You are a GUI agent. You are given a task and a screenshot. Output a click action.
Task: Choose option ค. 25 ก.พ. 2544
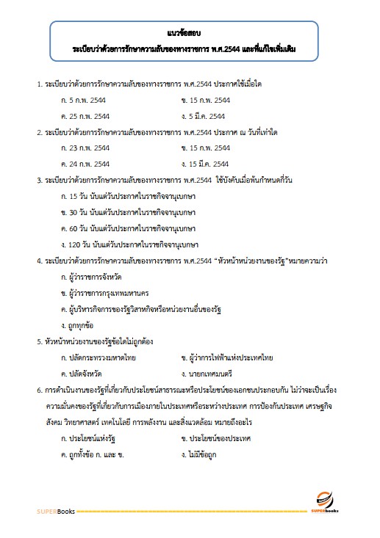[x=87, y=115]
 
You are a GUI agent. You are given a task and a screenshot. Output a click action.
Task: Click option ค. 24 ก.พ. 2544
[x=87, y=164]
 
